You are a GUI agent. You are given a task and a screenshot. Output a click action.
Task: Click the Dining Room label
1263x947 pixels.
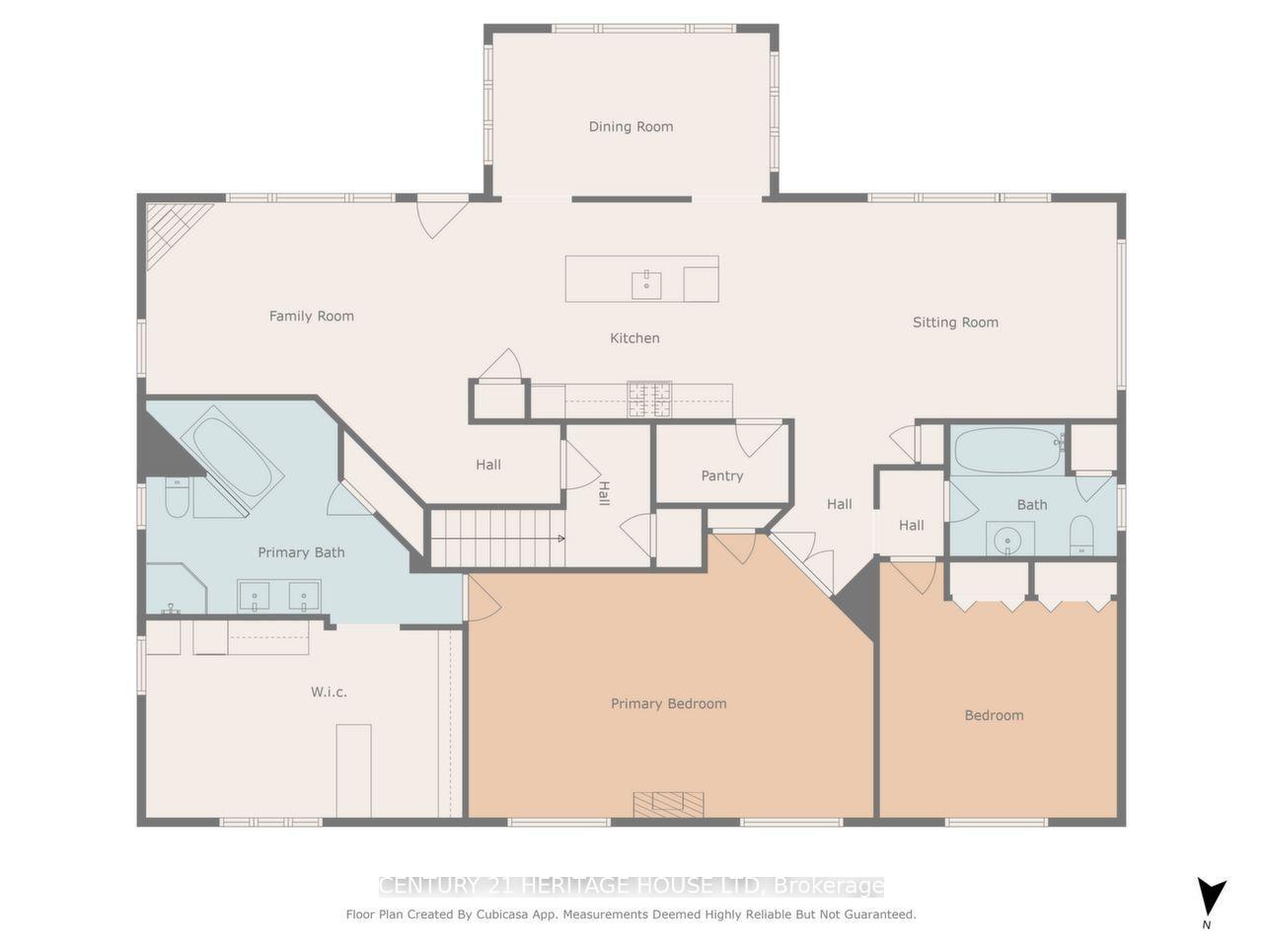coord(631,126)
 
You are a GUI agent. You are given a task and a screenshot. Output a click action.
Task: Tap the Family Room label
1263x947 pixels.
coord(311,316)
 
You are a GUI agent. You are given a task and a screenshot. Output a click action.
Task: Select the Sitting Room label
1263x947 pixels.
coord(954,322)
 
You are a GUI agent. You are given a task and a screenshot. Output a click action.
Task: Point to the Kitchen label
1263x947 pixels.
coord(634,337)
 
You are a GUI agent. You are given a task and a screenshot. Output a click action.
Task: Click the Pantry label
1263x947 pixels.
coord(721,475)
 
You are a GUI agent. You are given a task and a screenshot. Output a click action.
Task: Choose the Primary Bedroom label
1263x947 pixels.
coord(668,703)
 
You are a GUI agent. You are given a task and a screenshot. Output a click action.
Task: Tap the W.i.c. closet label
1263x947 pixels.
coord(329,692)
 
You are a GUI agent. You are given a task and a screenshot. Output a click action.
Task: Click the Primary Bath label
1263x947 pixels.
coord(301,552)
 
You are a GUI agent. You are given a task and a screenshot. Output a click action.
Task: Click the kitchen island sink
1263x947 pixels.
coord(646,284)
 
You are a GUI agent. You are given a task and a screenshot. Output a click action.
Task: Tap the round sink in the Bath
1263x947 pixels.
coord(1007,540)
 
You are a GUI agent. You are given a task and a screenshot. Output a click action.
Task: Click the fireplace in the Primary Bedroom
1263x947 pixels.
coord(669,804)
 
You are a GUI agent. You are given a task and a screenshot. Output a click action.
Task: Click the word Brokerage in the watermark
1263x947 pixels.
coord(828,886)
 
